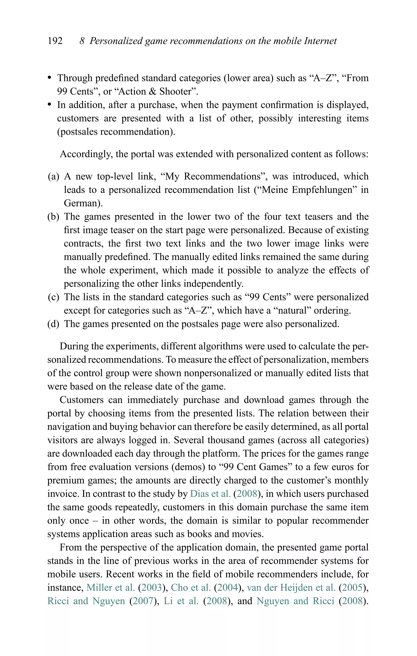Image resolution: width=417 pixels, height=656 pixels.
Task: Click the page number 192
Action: point(55,41)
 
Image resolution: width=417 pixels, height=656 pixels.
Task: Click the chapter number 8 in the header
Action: point(82,41)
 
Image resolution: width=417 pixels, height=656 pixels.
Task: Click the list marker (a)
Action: point(53,177)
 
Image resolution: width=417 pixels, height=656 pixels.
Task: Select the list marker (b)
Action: point(53,217)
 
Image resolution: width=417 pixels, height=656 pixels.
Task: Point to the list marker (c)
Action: point(53,297)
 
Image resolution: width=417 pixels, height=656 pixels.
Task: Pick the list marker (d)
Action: point(53,324)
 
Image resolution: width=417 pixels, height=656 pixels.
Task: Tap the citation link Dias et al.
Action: point(210,494)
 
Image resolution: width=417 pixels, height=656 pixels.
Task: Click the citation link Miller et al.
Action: point(111,588)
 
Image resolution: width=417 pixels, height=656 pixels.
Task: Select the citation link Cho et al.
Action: point(191,588)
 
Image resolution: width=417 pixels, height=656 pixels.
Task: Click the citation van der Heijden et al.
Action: point(291,588)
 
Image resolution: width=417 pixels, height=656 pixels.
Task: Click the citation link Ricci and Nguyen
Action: point(86,601)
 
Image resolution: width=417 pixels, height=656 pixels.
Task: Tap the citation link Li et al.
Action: point(181,601)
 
